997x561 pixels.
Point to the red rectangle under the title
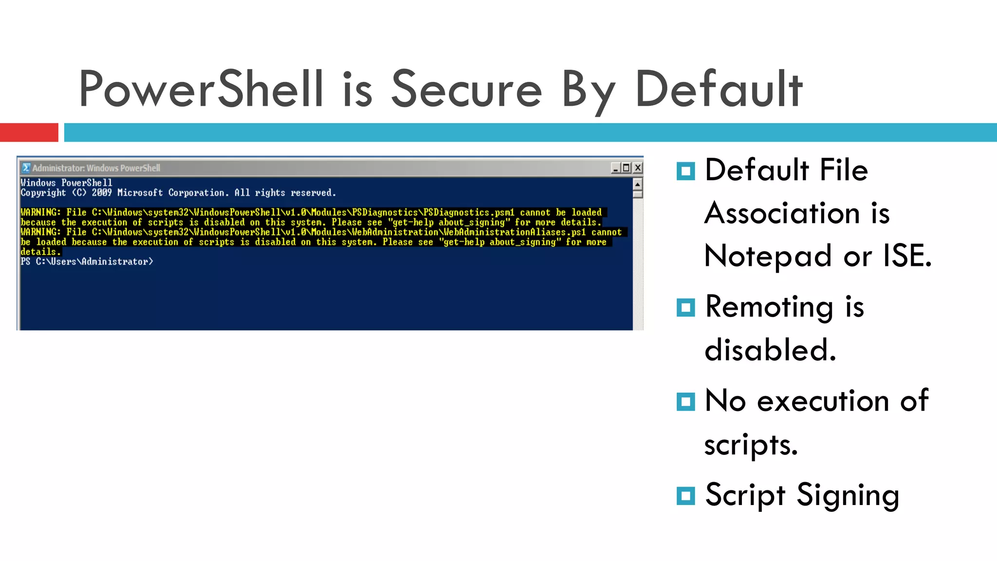tap(29, 132)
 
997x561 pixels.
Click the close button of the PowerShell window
tap(637, 168)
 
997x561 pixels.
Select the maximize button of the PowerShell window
tap(627, 168)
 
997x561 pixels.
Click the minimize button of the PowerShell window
tap(616, 168)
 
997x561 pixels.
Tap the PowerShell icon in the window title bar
tap(26, 168)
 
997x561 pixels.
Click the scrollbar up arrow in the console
tap(637, 184)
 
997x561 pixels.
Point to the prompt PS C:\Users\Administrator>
tap(87, 262)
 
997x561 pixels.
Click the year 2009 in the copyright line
tap(101, 193)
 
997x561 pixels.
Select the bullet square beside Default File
tap(685, 171)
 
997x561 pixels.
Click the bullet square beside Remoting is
tap(685, 308)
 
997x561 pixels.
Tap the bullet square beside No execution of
tap(685, 402)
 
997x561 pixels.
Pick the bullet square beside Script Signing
tap(685, 496)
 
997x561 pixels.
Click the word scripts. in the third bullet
tap(751, 445)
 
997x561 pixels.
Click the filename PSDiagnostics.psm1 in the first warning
tap(468, 212)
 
